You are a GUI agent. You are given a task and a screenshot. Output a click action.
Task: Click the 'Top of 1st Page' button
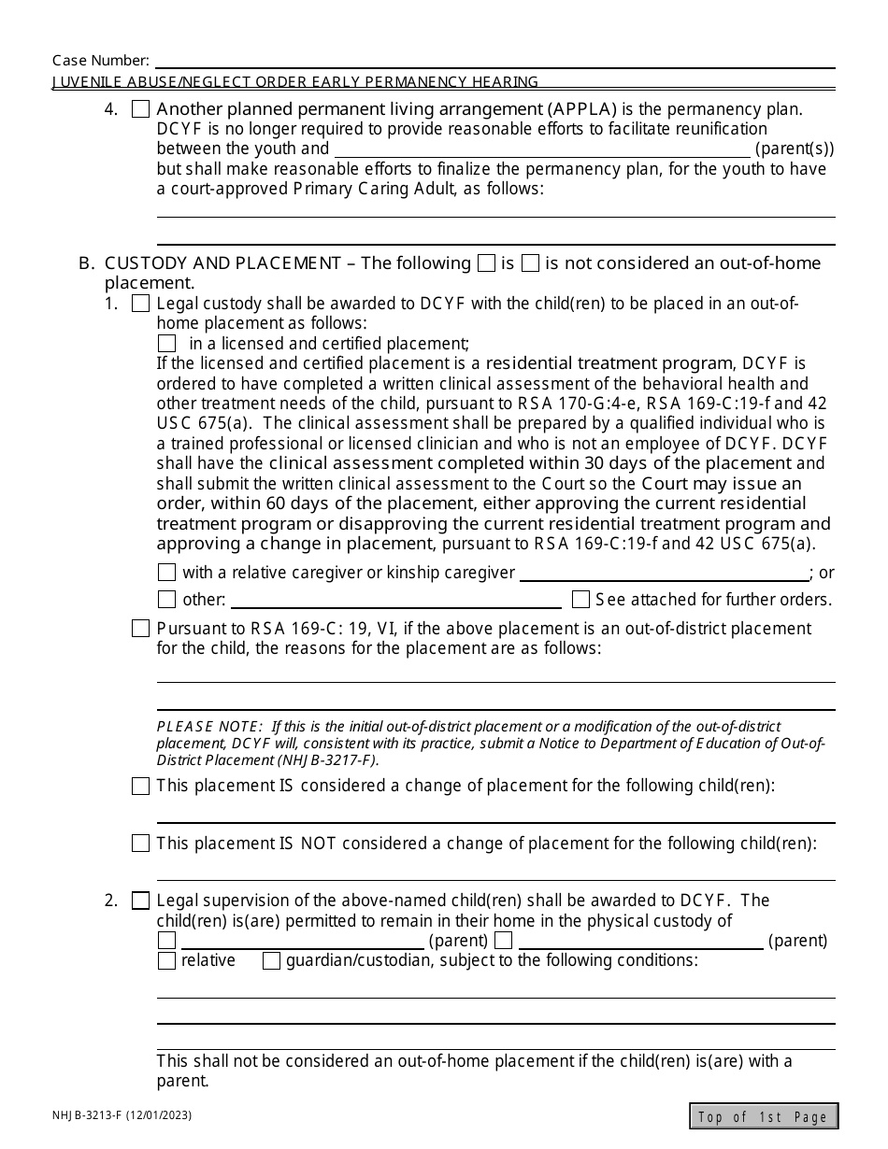(x=764, y=1116)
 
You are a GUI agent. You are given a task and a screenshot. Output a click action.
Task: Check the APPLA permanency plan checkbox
(x=140, y=109)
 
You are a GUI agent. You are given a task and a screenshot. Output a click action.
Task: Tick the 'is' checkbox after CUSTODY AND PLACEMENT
(x=486, y=263)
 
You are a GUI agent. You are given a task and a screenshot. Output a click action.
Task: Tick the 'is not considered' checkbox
(x=530, y=263)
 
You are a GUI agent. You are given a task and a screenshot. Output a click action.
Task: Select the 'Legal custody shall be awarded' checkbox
(x=140, y=304)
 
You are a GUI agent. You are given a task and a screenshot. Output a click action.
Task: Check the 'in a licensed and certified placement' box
(x=166, y=344)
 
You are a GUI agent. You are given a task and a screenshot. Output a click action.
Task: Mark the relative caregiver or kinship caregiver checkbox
(x=166, y=573)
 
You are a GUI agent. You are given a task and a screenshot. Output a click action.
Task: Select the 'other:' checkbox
(x=166, y=600)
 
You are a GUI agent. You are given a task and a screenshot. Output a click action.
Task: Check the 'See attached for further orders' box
(x=580, y=600)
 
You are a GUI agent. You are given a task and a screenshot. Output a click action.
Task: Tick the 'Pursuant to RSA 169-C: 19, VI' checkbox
(x=140, y=629)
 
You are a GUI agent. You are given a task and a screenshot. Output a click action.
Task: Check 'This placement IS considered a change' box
(x=140, y=787)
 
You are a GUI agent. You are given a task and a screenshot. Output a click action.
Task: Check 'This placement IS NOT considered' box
(x=140, y=844)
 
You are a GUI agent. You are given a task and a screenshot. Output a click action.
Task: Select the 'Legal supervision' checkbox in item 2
(x=140, y=901)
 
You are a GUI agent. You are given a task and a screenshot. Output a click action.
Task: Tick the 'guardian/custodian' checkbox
(x=271, y=961)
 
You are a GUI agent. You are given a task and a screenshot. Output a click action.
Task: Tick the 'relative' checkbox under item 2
(x=166, y=961)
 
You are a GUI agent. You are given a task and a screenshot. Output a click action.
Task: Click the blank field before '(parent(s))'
(x=542, y=149)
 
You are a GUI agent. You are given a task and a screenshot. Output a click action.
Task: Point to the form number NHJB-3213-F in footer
(x=99, y=1115)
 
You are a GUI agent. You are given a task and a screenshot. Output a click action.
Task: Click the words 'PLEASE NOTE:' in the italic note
(x=209, y=727)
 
